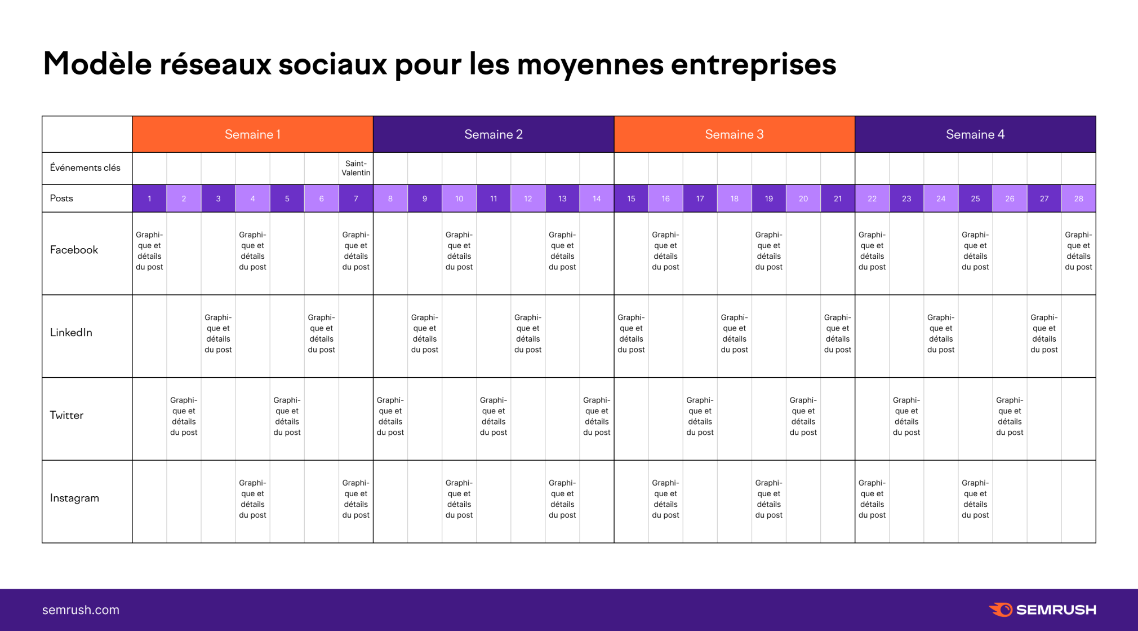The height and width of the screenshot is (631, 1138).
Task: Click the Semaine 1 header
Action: click(x=252, y=134)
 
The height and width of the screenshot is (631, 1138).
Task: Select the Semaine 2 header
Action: click(x=493, y=134)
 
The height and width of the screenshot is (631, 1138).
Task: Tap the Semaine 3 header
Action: click(x=734, y=134)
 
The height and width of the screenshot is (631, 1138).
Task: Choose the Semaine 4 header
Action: click(x=975, y=134)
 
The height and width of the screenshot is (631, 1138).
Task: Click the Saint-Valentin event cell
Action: click(x=355, y=168)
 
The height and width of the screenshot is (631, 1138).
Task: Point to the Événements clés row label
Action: click(x=85, y=167)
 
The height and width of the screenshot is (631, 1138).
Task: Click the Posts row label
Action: click(x=61, y=198)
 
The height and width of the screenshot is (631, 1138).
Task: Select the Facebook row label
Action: click(x=74, y=250)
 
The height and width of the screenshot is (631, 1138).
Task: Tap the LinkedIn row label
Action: click(x=71, y=333)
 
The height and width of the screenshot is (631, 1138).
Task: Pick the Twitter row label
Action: click(x=66, y=416)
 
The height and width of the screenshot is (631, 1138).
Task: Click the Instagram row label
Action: click(x=74, y=498)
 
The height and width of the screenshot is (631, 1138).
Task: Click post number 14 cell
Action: click(x=597, y=198)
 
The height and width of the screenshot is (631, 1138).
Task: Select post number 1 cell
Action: click(x=149, y=198)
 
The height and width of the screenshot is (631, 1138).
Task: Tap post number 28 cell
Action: click(x=1078, y=198)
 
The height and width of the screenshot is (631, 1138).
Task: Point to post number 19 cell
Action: click(x=768, y=198)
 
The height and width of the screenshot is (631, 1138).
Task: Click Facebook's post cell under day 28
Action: click(x=1078, y=251)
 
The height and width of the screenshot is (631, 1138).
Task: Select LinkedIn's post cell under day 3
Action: click(x=218, y=333)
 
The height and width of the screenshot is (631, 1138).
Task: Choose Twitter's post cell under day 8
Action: click(x=390, y=416)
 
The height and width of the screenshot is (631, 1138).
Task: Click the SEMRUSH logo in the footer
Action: click(x=1042, y=610)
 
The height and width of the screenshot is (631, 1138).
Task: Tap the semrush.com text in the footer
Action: click(x=81, y=610)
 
